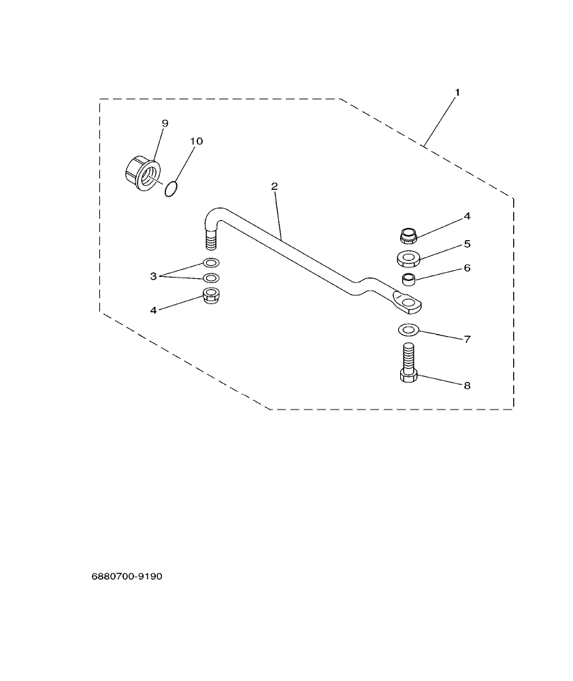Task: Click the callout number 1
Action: tap(457, 92)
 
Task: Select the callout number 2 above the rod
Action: tap(274, 186)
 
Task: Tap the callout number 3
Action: tap(154, 276)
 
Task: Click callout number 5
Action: tap(467, 243)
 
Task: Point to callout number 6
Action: tap(467, 268)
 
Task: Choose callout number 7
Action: tap(467, 339)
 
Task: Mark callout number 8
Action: tap(467, 385)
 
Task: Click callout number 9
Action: tap(165, 123)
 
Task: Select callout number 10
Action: tap(196, 141)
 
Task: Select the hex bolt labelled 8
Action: tap(408, 367)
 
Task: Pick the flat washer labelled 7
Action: tap(408, 331)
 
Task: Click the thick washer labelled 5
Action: tap(408, 259)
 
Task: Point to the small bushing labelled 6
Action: tap(408, 279)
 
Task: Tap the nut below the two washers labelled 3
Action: tap(211, 296)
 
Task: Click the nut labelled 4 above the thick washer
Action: tap(408, 236)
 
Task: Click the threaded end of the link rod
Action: tap(211, 240)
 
